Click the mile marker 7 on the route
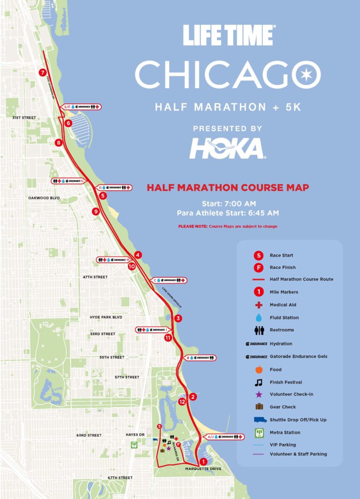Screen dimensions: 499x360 point(43,73)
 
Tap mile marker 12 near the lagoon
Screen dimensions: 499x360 point(182,401)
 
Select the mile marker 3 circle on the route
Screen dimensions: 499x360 point(178,318)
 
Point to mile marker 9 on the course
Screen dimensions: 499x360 point(96,212)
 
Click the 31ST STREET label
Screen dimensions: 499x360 point(24,117)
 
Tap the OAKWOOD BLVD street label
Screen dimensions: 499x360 point(44,198)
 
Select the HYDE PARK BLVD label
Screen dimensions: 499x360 point(106,318)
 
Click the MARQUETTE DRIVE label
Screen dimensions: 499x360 point(203,469)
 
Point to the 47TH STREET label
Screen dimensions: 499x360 point(95,277)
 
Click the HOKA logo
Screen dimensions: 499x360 point(227,149)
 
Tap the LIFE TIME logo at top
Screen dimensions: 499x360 point(228,36)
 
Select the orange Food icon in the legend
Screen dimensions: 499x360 point(258,370)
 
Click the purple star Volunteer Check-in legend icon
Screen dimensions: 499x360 point(258,394)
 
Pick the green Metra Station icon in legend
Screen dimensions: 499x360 point(258,432)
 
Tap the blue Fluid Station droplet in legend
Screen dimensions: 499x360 point(258,318)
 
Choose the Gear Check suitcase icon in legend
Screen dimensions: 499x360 point(258,407)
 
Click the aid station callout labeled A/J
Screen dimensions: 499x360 point(225,437)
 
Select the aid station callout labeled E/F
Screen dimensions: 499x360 point(82,107)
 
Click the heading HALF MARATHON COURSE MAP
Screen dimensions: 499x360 point(228,188)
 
